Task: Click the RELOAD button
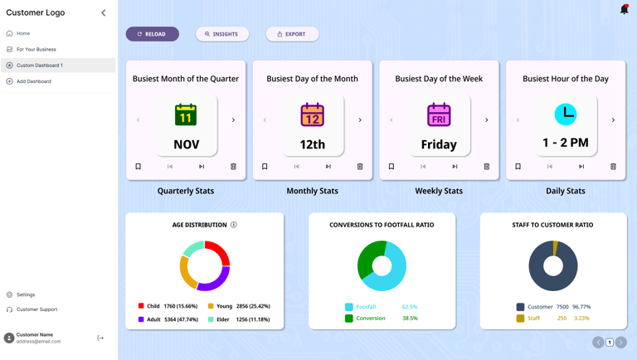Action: [152, 34]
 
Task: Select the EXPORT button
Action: [292, 34]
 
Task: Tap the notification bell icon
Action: [624, 9]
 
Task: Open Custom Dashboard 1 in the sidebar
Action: [40, 65]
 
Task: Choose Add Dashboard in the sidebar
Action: [34, 81]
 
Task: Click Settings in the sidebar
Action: [26, 294]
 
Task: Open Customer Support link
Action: [36, 309]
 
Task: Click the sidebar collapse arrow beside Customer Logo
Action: [104, 12]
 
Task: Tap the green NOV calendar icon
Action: [186, 114]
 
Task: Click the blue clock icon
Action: [566, 114]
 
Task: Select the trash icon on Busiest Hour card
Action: [613, 166]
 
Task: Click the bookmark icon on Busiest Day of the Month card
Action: [265, 166]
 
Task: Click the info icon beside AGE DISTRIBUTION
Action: [234, 225]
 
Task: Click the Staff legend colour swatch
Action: [520, 318]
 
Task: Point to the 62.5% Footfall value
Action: [409, 307]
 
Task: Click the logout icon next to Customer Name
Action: [100, 338]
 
